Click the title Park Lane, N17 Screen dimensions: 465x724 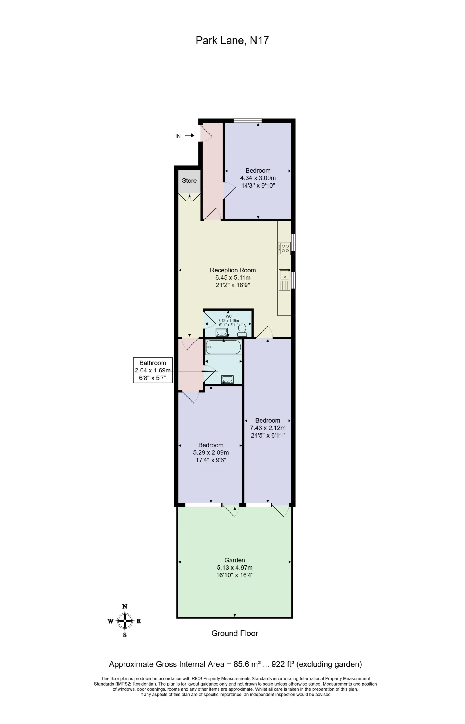pyautogui.click(x=232, y=40)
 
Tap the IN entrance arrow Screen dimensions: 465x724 pyautogui.click(x=190, y=135)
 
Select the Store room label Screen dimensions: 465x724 pyautogui.click(x=189, y=180)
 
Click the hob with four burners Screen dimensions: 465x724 pyautogui.click(x=285, y=248)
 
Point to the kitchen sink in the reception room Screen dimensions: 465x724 pyautogui.click(x=285, y=280)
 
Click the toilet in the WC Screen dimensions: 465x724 pyautogui.click(x=242, y=330)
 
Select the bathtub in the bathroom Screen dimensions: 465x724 pyautogui.click(x=223, y=347)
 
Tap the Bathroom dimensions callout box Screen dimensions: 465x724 pyautogui.click(x=153, y=370)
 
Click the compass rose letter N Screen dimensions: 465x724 pyautogui.click(x=125, y=606)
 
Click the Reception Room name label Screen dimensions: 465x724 pyautogui.click(x=233, y=270)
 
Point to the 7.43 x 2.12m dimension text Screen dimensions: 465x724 pyautogui.click(x=268, y=428)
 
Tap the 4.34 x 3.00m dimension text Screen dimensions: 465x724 pyautogui.click(x=258, y=178)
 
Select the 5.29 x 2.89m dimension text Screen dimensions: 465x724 pyautogui.click(x=211, y=453)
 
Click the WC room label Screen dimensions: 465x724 pyautogui.click(x=229, y=316)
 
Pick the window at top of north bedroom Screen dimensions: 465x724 pyautogui.click(x=247, y=121)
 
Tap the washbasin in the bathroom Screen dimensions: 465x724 pyautogui.click(x=227, y=380)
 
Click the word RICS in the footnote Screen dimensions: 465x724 pyautogui.click(x=197, y=678)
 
